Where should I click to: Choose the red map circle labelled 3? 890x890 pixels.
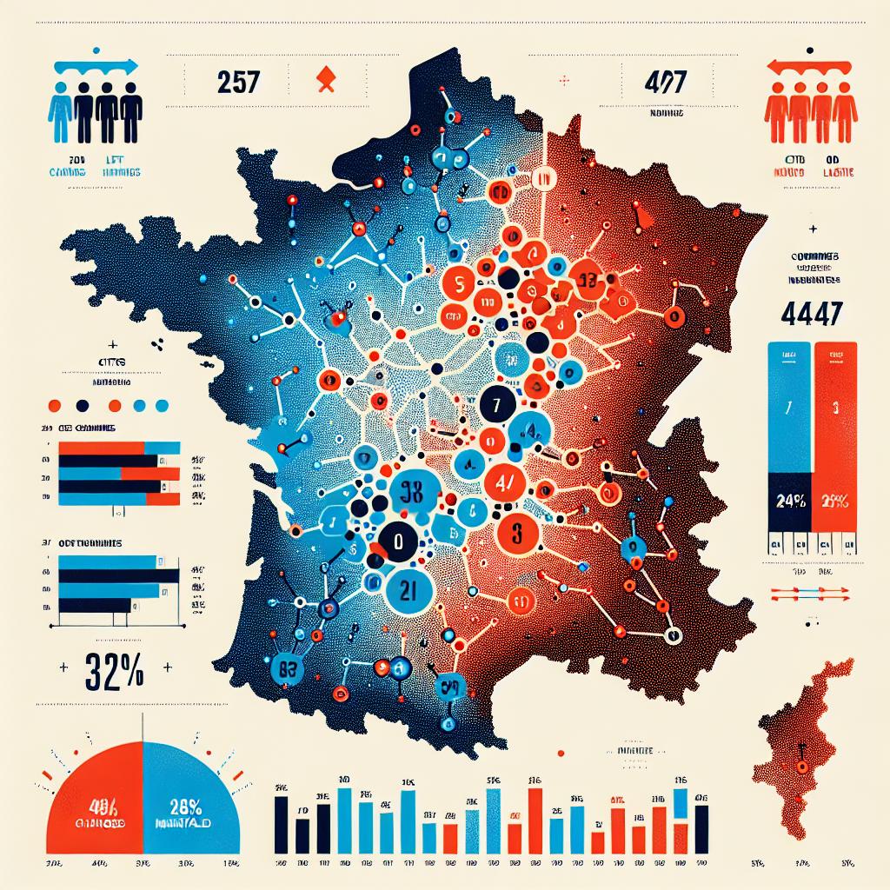515,533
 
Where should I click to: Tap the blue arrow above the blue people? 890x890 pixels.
96,65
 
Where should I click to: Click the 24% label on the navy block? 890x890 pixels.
787,501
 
